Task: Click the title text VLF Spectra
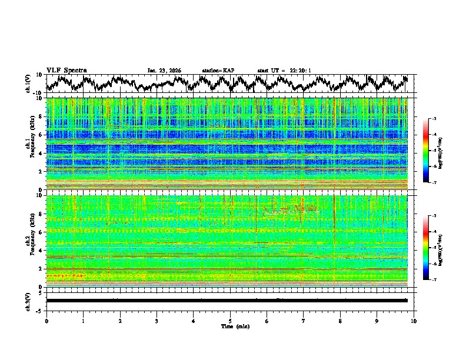(x=66, y=71)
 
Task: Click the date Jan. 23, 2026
(x=164, y=71)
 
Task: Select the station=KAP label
(x=218, y=71)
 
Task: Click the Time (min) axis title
(x=230, y=326)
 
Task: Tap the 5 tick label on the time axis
(x=230, y=321)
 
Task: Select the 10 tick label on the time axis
(x=414, y=321)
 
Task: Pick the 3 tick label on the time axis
(x=157, y=321)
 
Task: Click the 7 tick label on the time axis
(x=304, y=321)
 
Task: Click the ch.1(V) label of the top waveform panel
(x=28, y=84)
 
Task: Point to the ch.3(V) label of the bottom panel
(x=28, y=300)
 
